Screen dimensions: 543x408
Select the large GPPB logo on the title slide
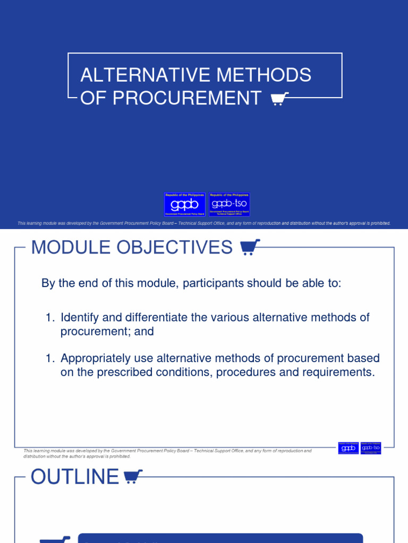[184, 204]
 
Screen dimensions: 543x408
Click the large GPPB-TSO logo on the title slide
[229, 204]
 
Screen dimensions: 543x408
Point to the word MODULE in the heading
[64, 247]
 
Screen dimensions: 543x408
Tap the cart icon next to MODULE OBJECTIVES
[250, 247]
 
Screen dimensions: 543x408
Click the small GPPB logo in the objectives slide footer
[348, 448]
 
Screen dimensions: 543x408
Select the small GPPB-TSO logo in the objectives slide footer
[371, 448]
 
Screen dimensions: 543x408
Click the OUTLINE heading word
[74, 477]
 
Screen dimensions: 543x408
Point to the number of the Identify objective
[50, 318]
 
